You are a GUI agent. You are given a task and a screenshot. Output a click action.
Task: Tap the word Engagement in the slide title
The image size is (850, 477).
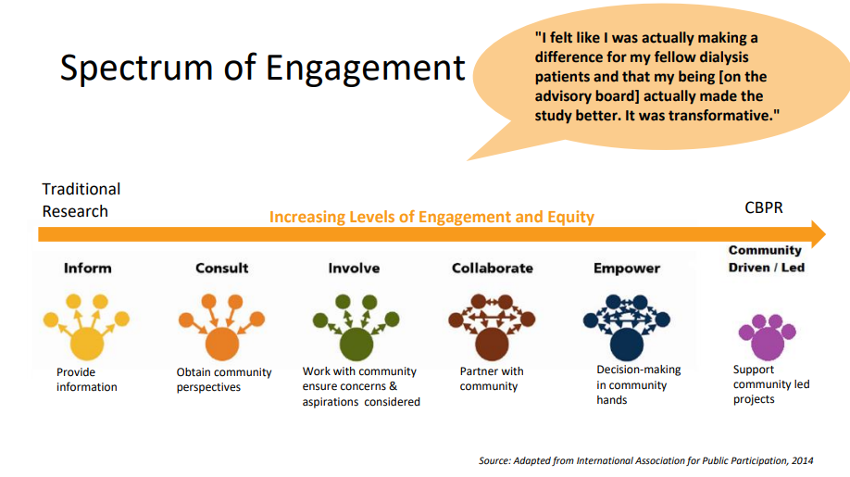coord(365,69)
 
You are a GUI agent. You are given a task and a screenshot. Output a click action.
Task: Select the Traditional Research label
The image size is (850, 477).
coord(81,200)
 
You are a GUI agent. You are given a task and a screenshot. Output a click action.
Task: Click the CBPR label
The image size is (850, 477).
coord(764,207)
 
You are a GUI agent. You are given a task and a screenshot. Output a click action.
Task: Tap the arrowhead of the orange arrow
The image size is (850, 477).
coord(818,234)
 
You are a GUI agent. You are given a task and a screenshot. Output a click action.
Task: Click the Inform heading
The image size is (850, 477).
coord(87,269)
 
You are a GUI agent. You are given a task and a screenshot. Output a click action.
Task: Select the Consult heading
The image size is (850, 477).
coord(221,269)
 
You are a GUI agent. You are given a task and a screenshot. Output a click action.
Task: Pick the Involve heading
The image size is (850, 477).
coord(354,269)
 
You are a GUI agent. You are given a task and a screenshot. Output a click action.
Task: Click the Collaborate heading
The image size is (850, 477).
coord(493,269)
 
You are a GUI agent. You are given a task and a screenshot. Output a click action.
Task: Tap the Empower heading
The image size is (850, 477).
coord(627,269)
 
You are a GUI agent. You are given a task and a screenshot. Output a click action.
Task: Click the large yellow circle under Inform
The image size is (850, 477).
coord(87,344)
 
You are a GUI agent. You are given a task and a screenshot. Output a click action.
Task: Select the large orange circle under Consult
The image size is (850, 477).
coord(221,345)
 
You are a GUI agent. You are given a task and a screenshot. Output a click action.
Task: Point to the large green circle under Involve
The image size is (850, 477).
coord(356,345)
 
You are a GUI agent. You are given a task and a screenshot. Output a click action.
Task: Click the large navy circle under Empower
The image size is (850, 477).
coord(627,345)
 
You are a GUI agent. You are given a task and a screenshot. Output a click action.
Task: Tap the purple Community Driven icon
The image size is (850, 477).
coord(767,337)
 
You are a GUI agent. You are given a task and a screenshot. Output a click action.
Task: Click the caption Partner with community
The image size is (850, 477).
coord(491,379)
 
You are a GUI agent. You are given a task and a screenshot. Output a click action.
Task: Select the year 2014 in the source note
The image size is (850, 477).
coord(802,460)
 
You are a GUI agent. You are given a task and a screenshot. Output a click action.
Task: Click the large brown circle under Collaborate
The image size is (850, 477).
coord(492,345)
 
